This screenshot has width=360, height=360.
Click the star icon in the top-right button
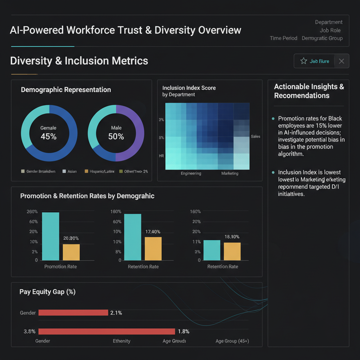(x=304, y=61)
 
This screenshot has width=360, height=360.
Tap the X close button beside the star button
(x=341, y=61)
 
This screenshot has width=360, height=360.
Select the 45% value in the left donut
(x=49, y=136)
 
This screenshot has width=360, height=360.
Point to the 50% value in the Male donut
(x=116, y=136)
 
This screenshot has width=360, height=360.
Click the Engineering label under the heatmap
(x=191, y=173)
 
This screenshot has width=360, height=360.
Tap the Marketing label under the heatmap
(x=230, y=173)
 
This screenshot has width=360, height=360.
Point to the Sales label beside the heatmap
(x=256, y=136)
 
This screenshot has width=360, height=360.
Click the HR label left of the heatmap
(x=162, y=155)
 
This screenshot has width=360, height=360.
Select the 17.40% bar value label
(x=153, y=232)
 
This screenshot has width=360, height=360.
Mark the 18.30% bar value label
(x=232, y=237)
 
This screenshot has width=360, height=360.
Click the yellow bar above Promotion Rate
(x=71, y=252)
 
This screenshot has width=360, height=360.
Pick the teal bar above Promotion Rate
(x=51, y=236)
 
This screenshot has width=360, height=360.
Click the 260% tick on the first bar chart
(x=32, y=212)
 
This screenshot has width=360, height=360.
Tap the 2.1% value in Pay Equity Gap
(x=116, y=313)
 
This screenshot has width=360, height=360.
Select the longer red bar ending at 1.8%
(x=107, y=331)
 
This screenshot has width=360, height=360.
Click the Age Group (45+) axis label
(x=232, y=341)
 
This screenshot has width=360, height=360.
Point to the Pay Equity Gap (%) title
(x=47, y=292)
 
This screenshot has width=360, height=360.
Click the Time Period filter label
(x=283, y=38)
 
